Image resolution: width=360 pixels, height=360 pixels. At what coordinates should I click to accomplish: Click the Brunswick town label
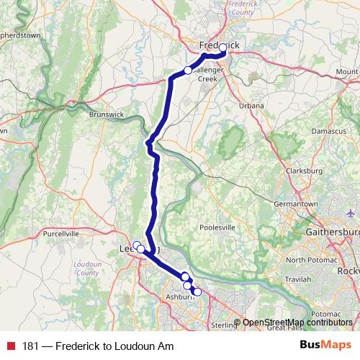point(107,114)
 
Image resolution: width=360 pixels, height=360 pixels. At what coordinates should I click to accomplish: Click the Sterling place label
point(225,325)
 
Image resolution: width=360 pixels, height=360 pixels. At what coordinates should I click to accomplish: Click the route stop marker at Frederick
point(223,48)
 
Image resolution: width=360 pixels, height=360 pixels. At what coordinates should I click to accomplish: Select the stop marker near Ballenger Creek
point(188,71)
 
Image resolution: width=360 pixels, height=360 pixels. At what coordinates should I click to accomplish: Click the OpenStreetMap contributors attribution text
point(297,323)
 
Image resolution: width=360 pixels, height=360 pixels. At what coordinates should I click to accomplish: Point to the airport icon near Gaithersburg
point(351,214)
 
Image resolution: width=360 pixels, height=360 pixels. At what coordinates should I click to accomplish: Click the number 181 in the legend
point(30,346)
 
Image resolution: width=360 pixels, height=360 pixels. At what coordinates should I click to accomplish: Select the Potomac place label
point(325,315)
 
